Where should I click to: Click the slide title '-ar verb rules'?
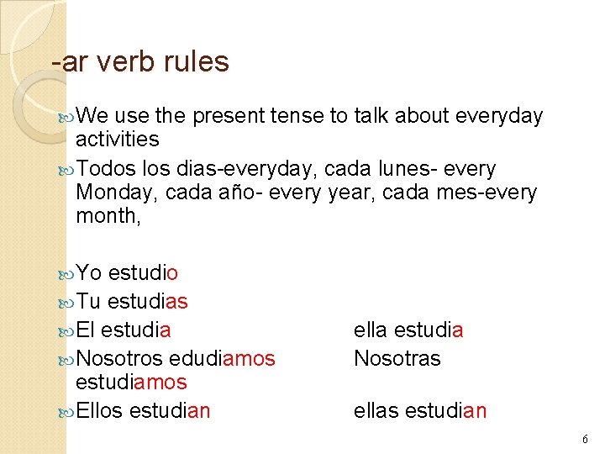[139, 61]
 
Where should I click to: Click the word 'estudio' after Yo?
[143, 273]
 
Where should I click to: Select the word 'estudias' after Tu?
[148, 301]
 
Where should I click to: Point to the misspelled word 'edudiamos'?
[222, 358]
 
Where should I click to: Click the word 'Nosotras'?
[397, 358]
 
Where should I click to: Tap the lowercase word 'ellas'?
[376, 410]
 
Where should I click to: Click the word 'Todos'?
[104, 169]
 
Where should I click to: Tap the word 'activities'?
[117, 138]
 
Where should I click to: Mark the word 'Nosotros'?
[119, 358]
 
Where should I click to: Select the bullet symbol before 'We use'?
[67, 116]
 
